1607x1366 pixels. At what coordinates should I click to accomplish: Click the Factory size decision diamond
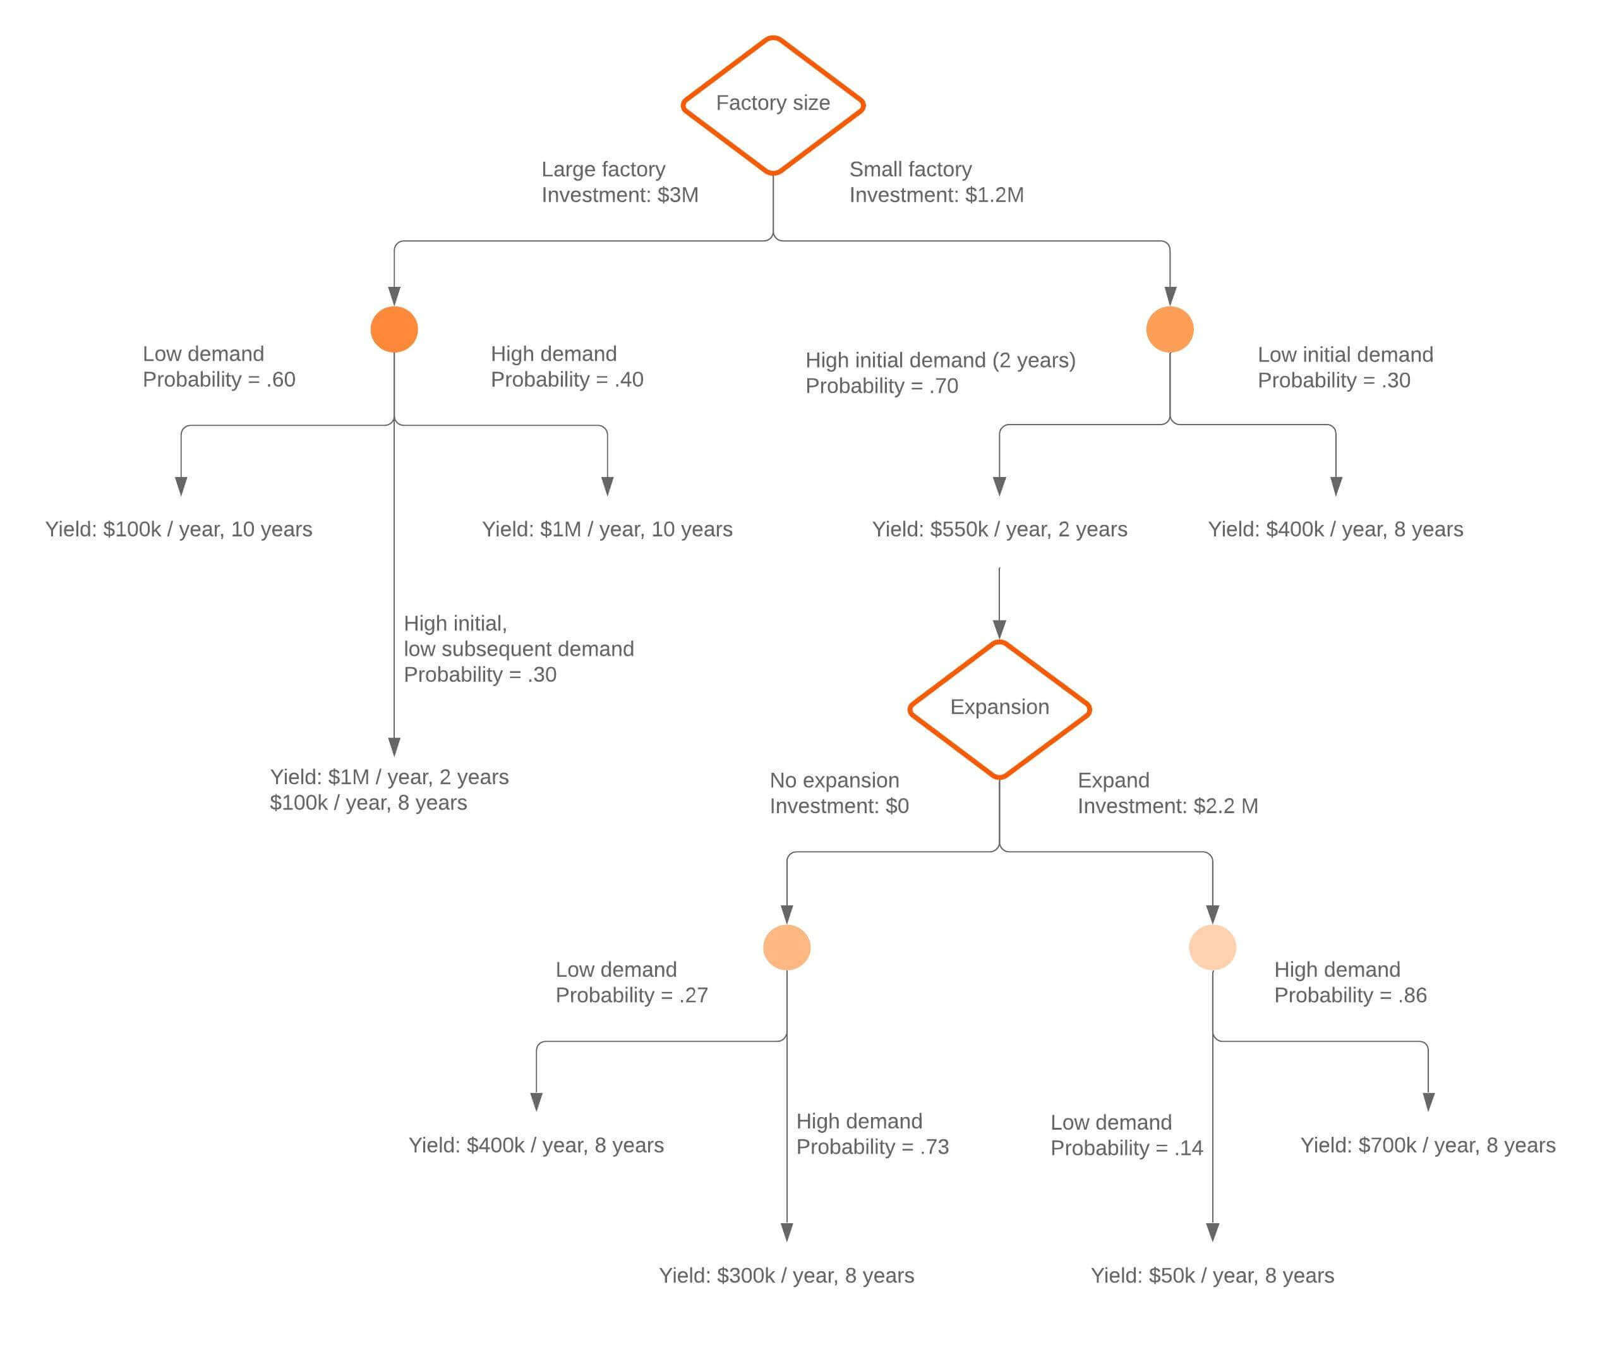773,104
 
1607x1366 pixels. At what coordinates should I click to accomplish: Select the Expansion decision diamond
999,708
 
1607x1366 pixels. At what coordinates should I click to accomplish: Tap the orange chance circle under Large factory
394,329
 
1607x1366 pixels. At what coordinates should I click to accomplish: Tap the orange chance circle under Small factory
1169,329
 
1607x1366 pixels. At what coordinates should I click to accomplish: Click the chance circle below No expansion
786,946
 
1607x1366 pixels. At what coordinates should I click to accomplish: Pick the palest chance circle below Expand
1212,946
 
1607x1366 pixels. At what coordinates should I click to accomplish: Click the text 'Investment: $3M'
619,195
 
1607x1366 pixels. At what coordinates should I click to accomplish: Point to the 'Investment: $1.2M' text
936,195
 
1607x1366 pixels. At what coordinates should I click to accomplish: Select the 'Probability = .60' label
219,380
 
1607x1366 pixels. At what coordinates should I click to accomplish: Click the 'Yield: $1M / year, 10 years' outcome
607,529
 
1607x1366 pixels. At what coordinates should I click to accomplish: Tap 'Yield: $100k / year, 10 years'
179,529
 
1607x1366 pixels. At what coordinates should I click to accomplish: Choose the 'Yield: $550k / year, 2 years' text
999,529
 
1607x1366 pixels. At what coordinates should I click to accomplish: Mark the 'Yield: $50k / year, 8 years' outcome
1212,1276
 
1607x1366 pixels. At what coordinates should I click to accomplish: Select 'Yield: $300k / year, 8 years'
786,1276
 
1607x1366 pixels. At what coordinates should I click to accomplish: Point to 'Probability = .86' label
1350,995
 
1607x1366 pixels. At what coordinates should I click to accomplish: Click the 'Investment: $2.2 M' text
1167,806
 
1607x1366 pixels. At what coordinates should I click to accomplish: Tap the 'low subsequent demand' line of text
519,649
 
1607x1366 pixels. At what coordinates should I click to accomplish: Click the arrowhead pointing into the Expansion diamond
999,629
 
